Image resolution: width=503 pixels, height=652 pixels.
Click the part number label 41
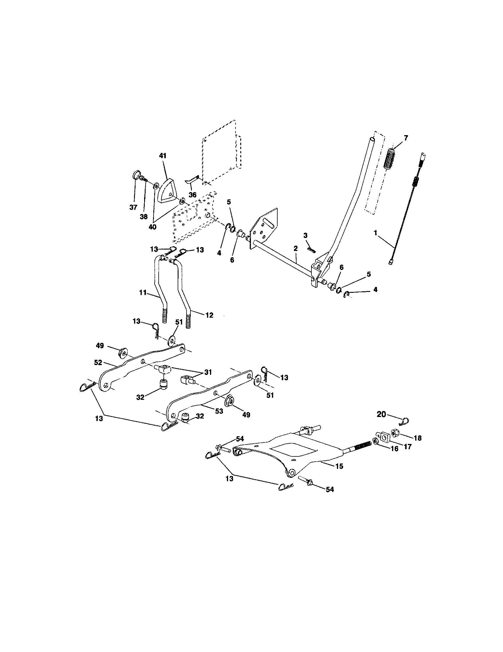tap(163, 156)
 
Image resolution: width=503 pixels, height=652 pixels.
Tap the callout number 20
tap(381, 414)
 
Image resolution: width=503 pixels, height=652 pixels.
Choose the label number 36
tap(193, 195)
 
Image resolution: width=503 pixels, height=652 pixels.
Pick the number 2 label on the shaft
tap(295, 248)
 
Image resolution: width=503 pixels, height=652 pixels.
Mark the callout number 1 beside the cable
tap(375, 233)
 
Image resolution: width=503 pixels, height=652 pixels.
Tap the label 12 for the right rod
tap(209, 315)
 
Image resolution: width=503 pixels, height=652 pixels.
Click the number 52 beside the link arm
tap(98, 363)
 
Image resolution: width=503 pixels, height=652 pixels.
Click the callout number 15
tap(339, 466)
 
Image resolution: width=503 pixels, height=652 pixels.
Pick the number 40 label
tap(152, 227)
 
